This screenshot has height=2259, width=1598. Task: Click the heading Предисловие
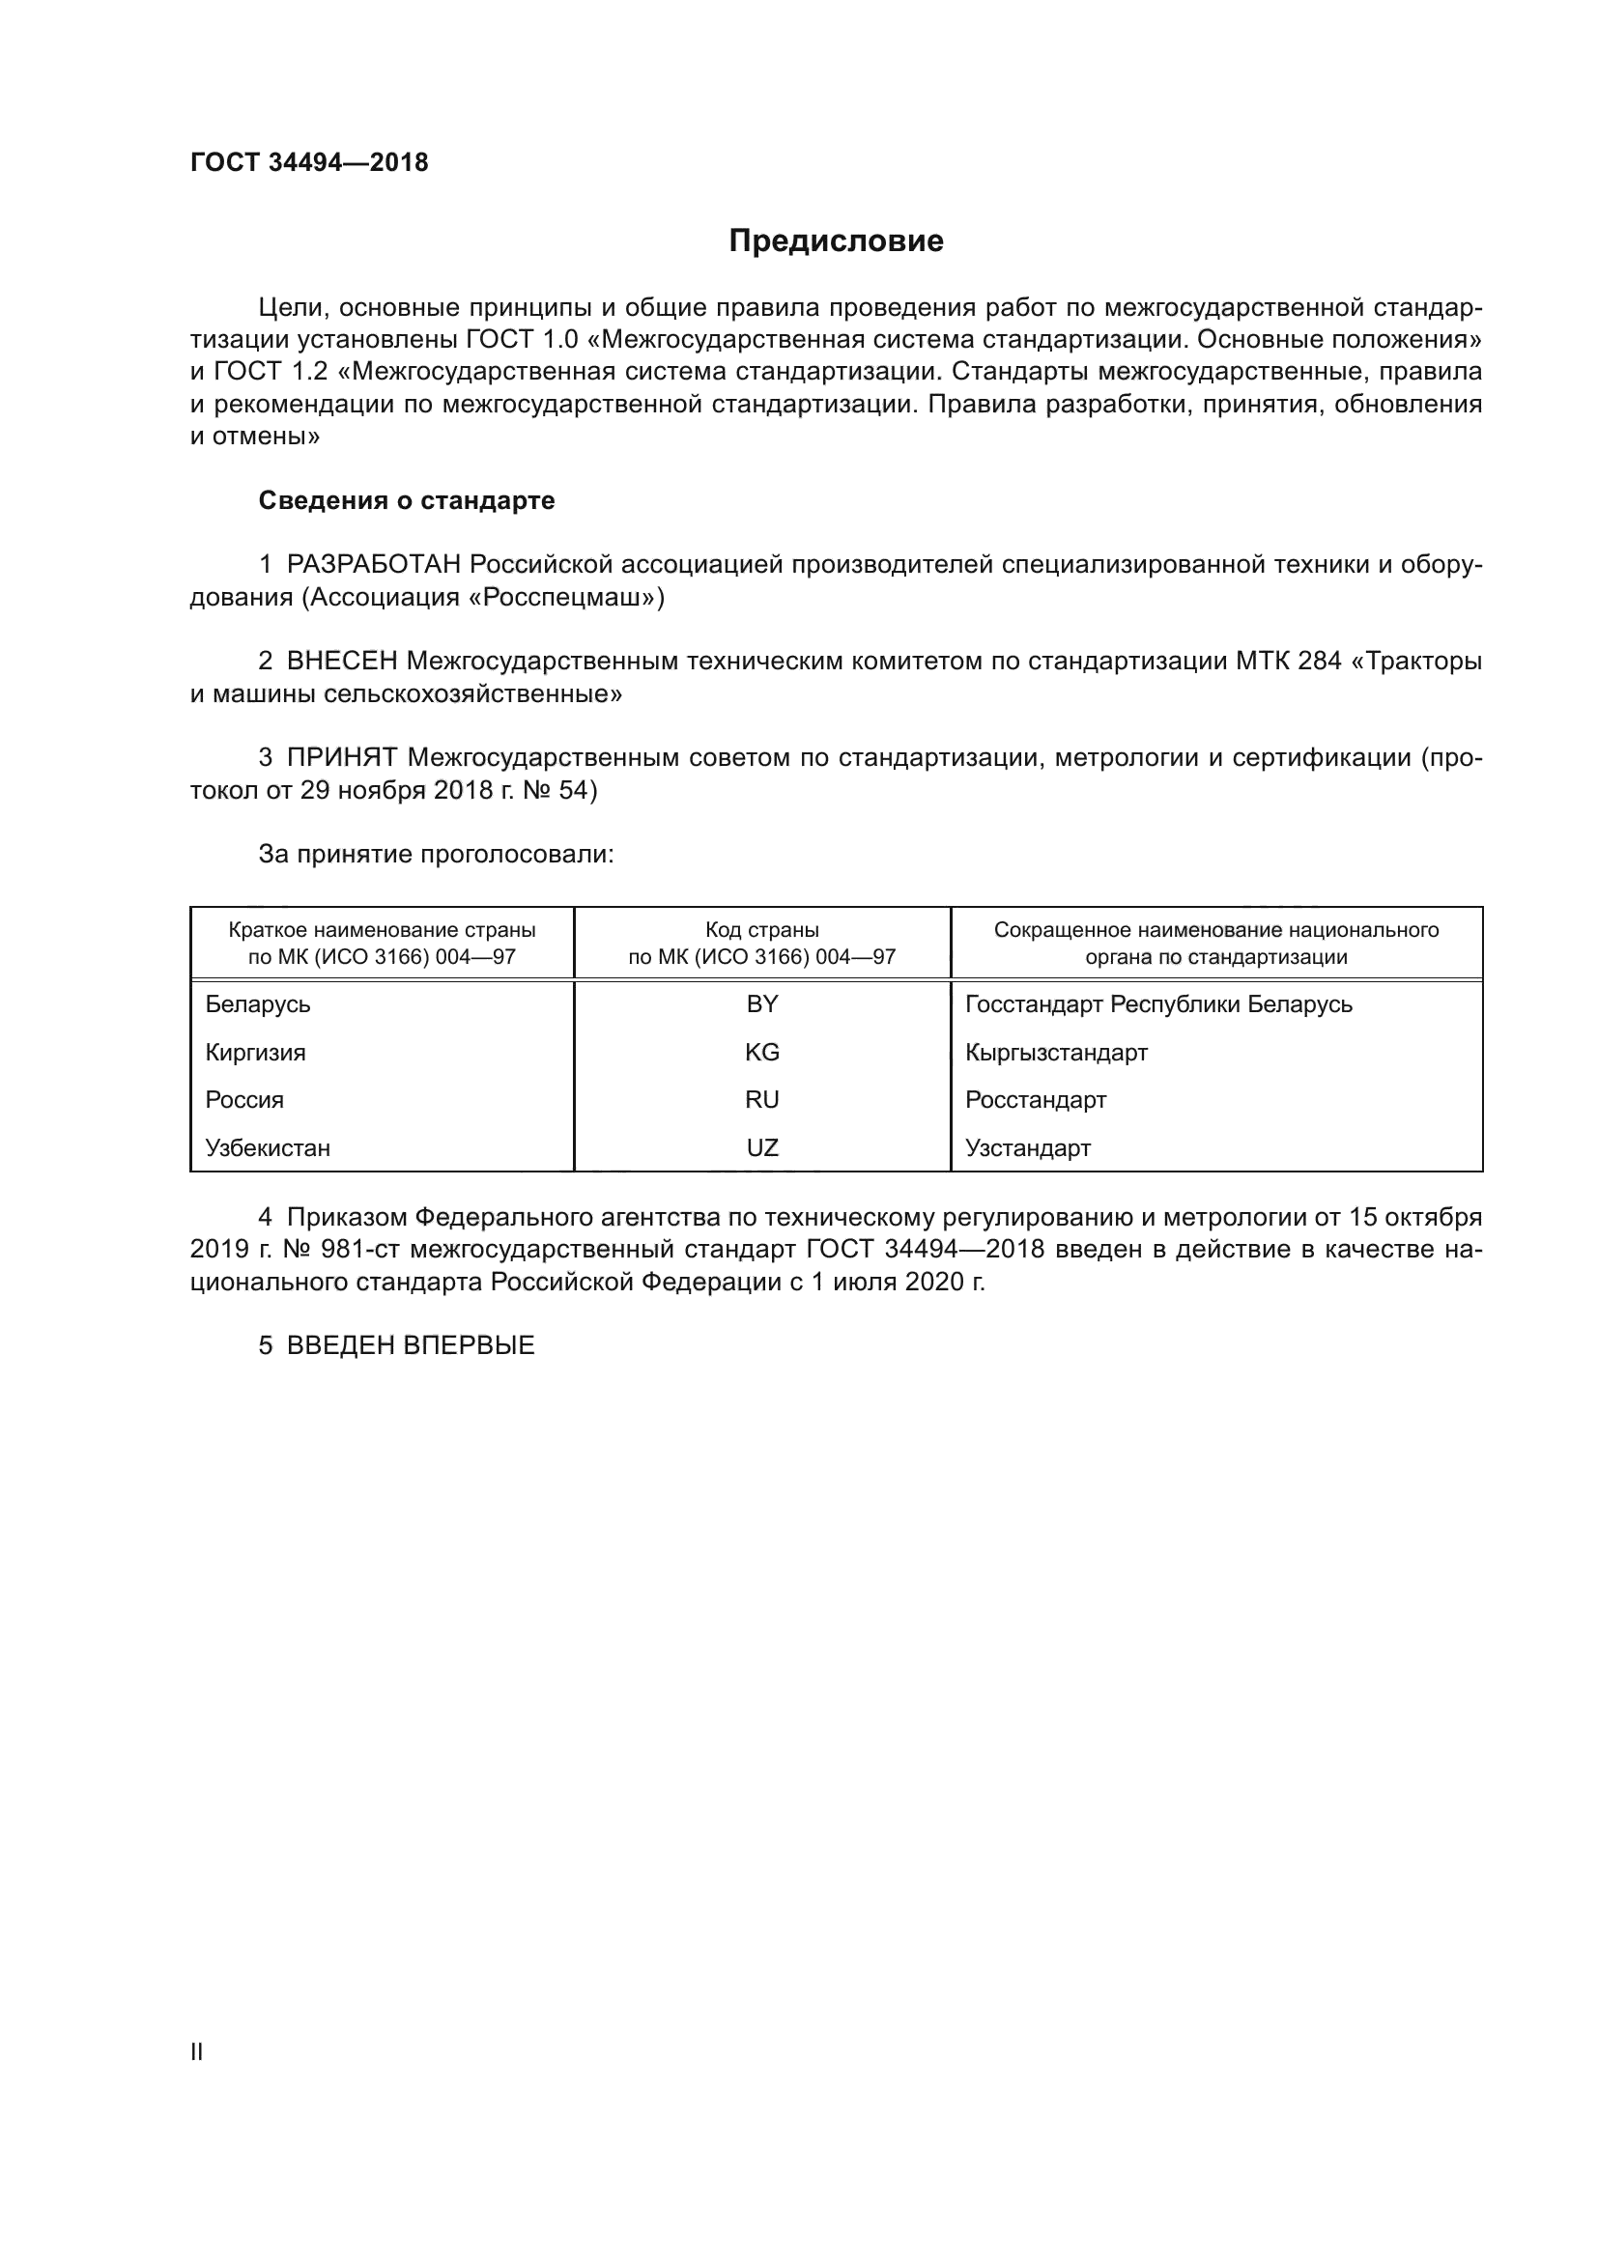pyautogui.click(x=836, y=241)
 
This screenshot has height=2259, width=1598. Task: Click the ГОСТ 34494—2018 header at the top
pyautogui.click(x=309, y=163)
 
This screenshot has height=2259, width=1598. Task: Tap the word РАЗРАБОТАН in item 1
pyautogui.click(x=374, y=565)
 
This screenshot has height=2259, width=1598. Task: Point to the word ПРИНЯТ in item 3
pyautogui.click(x=341, y=757)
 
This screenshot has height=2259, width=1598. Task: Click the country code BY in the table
pyautogui.click(x=761, y=1004)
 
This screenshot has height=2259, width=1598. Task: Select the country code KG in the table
pyautogui.click(x=761, y=1053)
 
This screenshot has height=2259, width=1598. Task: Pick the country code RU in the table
pyautogui.click(x=761, y=1100)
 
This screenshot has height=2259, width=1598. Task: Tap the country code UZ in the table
pyautogui.click(x=761, y=1148)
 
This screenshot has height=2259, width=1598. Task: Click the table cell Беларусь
pyautogui.click(x=258, y=1004)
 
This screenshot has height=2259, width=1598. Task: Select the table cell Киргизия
pyautogui.click(x=255, y=1053)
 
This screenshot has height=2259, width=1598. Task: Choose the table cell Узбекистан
pyautogui.click(x=268, y=1148)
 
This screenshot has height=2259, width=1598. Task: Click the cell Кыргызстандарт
pyautogui.click(x=1056, y=1053)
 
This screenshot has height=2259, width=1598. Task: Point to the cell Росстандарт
pyautogui.click(x=1035, y=1100)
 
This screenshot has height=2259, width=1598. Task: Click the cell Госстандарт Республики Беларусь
pyautogui.click(x=1158, y=1004)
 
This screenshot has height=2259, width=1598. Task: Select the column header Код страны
pyautogui.click(x=761, y=931)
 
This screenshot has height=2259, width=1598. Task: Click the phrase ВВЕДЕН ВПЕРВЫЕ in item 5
pyautogui.click(x=411, y=1346)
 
